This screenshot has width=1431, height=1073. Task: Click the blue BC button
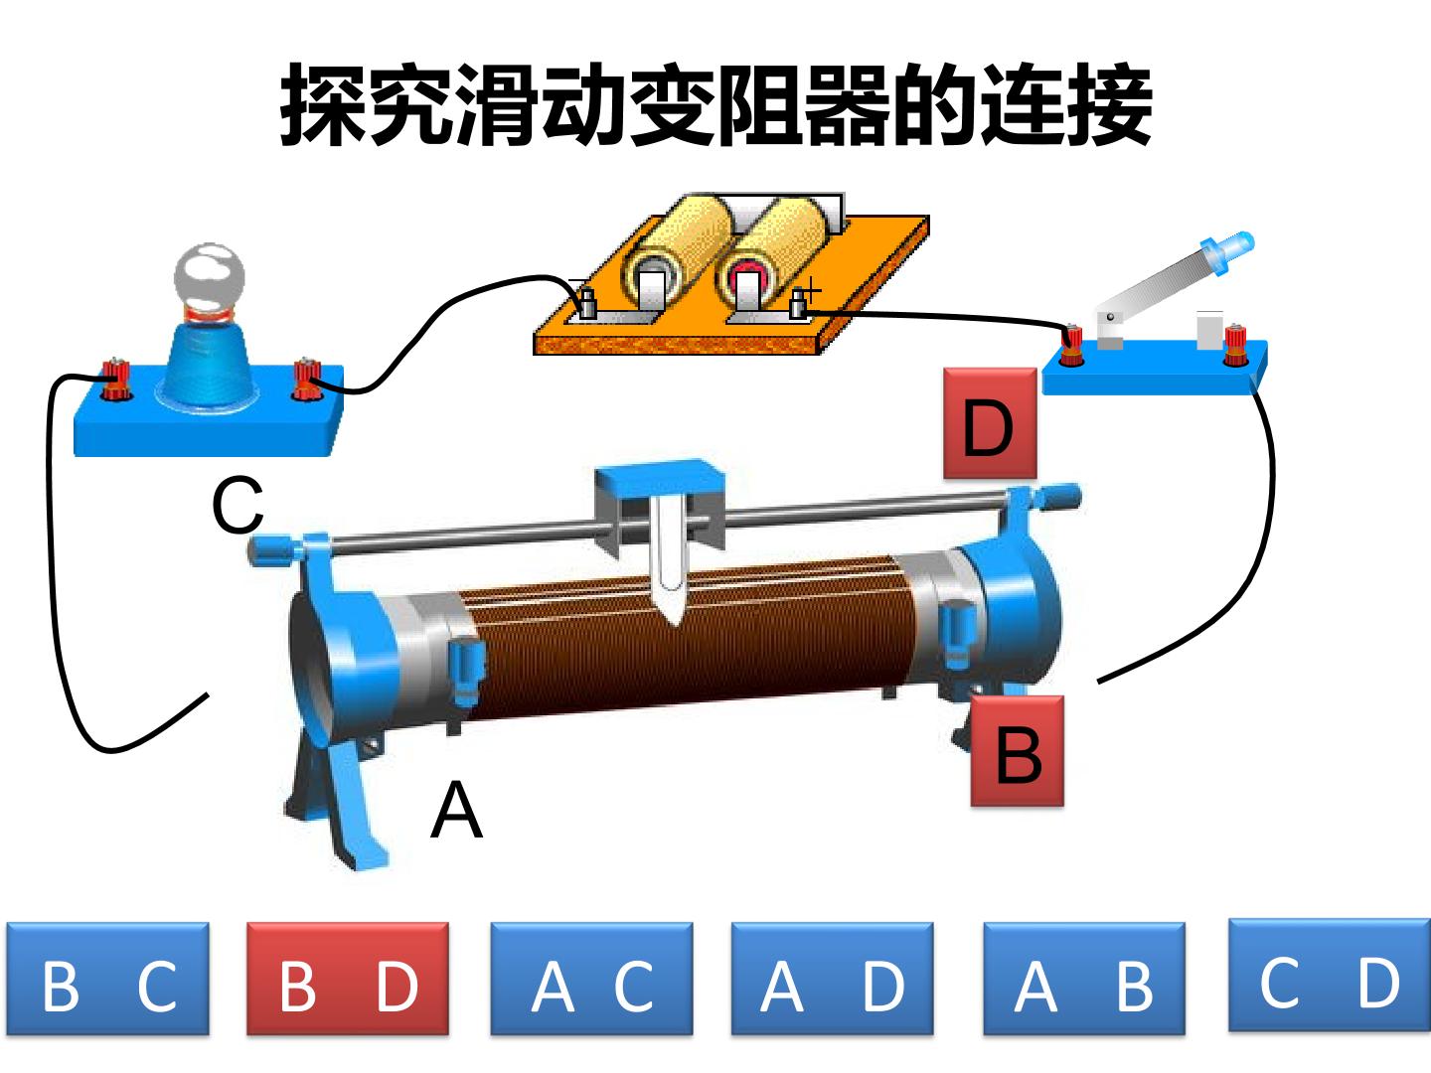(107, 979)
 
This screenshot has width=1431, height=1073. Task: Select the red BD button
(348, 979)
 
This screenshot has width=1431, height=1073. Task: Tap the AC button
(591, 979)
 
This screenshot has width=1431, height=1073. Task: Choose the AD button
(832, 979)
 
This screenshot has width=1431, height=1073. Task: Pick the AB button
(1084, 979)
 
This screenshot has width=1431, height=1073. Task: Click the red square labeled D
(990, 423)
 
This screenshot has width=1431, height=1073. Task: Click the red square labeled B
(1017, 750)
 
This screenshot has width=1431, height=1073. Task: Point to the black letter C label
(238, 505)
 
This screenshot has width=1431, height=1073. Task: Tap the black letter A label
(456, 810)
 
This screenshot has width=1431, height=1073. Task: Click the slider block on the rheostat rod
(660, 506)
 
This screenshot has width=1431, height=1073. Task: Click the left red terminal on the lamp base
(116, 381)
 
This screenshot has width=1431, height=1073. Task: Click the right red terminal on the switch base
(1235, 346)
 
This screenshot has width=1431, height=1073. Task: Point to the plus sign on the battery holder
(810, 289)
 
